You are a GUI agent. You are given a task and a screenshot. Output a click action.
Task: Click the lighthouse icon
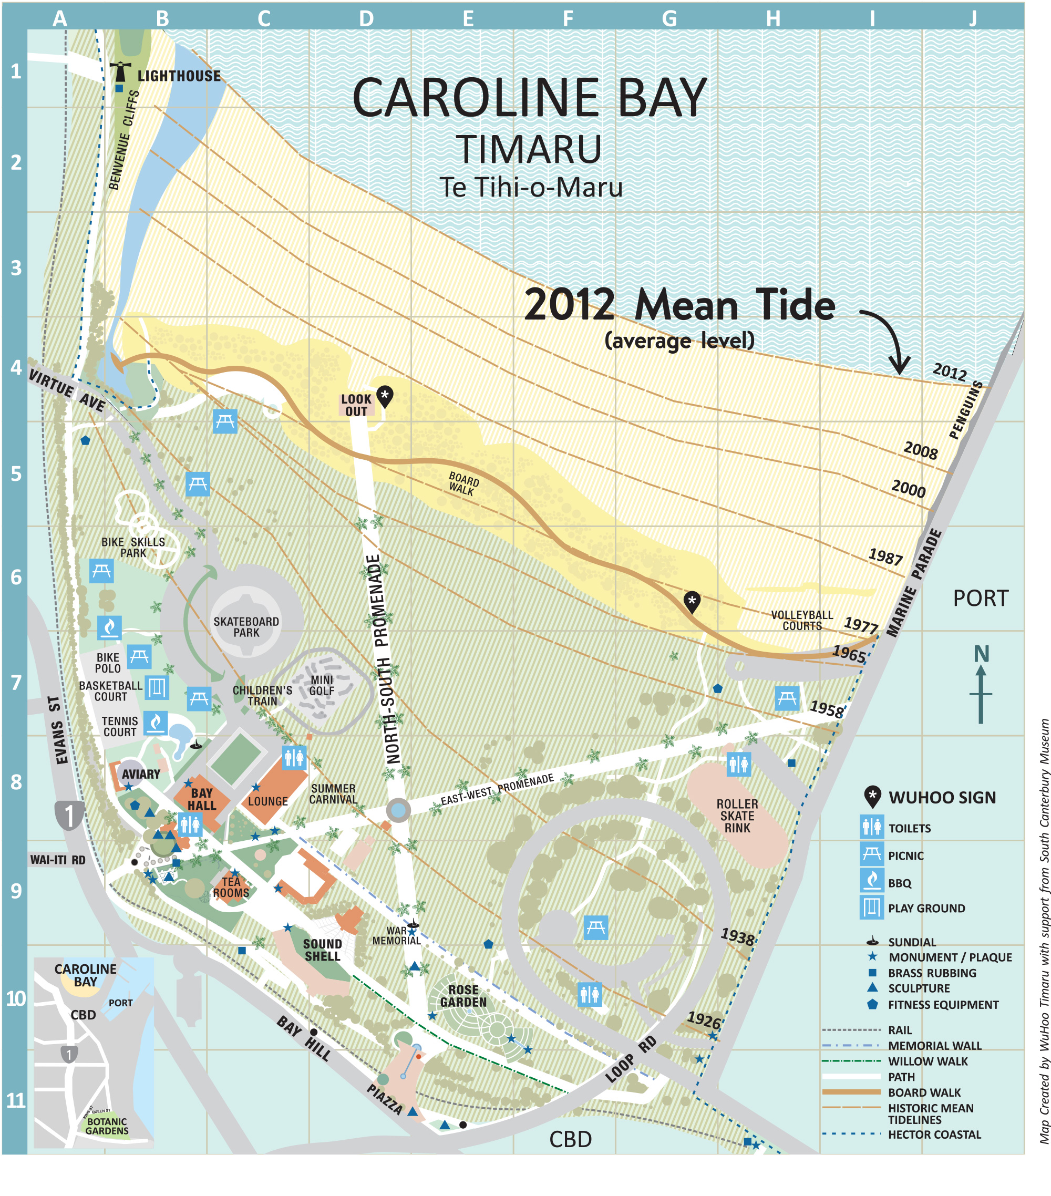(120, 71)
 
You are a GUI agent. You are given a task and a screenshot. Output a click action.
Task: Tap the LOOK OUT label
(356, 405)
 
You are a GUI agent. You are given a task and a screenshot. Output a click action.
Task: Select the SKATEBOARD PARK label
(246, 627)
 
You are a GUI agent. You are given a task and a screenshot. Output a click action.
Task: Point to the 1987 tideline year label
(885, 556)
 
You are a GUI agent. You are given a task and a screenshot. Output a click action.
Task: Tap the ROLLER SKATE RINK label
(737, 816)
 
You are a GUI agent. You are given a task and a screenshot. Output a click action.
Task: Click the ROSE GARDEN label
(463, 996)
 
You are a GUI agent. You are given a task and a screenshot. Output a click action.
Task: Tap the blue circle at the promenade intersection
(398, 810)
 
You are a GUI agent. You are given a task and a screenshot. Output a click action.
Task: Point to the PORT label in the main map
(981, 598)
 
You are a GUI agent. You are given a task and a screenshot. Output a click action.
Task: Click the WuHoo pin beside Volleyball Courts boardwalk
(692, 602)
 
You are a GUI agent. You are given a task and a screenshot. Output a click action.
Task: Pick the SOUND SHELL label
(323, 950)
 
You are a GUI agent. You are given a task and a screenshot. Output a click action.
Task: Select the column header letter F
(568, 19)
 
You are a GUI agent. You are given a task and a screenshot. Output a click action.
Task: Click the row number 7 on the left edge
(16, 682)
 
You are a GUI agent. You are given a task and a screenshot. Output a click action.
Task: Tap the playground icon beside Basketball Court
(157, 687)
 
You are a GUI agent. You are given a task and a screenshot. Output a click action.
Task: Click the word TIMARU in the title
(529, 149)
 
